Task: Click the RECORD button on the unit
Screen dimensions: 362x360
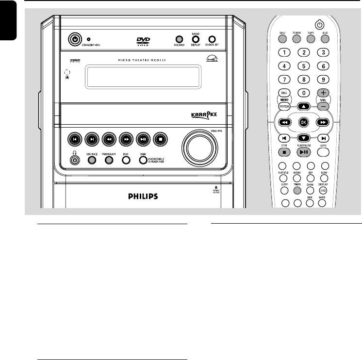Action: coord(179,39)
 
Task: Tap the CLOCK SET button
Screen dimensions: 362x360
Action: coord(212,39)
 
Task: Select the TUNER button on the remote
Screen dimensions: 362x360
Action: coord(296,39)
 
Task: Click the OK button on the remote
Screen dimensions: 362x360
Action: coord(303,123)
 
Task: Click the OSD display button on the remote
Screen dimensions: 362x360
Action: coord(323,191)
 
